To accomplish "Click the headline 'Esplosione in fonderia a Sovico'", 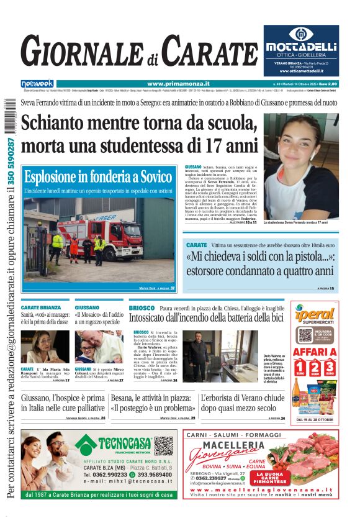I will (98, 177).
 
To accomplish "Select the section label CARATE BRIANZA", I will (41, 307).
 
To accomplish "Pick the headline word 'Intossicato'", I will (154, 318).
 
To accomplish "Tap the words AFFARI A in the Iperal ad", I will (315, 352).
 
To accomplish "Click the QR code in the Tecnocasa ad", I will (164, 445).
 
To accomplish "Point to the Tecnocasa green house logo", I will (86, 443).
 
